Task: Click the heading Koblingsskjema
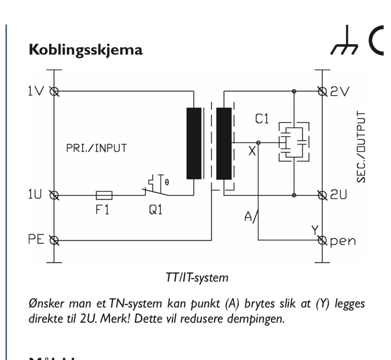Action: click(x=86, y=50)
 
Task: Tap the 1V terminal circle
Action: click(x=54, y=91)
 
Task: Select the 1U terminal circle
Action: click(x=54, y=195)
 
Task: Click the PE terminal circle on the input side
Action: click(x=54, y=240)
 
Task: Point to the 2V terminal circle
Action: click(x=322, y=91)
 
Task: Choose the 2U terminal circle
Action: click(x=322, y=195)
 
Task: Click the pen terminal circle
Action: click(x=322, y=240)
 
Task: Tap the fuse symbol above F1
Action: click(x=104, y=195)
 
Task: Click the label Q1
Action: click(x=155, y=210)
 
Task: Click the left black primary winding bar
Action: click(x=194, y=143)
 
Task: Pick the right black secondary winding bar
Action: click(x=224, y=143)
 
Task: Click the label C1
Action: click(x=262, y=119)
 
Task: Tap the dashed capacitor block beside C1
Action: click(x=294, y=142)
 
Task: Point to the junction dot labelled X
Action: click(x=258, y=143)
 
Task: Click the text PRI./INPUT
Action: click(x=96, y=148)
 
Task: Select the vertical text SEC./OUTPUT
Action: click(x=361, y=147)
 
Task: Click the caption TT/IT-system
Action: click(x=197, y=277)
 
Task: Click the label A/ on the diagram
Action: click(x=251, y=217)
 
